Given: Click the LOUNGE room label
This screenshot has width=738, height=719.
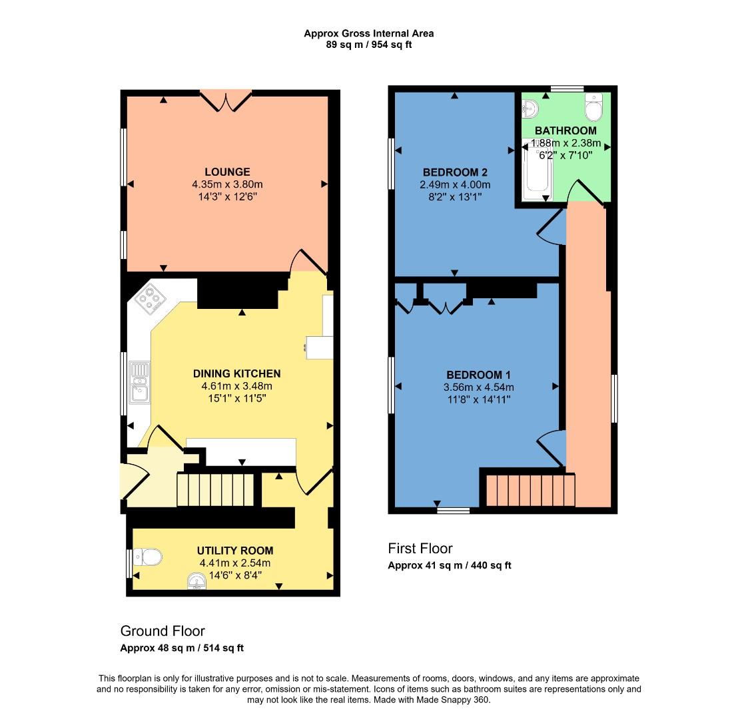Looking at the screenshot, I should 227,172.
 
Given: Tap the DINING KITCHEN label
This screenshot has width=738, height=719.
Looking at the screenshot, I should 236,373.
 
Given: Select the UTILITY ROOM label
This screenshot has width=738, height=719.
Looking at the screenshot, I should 234,551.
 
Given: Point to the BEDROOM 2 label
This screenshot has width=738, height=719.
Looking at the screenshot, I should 455,172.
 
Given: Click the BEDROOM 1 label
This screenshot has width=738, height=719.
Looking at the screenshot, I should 478,374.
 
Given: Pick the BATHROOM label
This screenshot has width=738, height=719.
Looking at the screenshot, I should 565,130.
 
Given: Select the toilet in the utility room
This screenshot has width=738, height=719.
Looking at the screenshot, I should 147,557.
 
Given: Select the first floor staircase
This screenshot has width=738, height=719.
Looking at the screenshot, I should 530,491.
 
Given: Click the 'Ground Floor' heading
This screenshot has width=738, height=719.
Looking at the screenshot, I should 163,630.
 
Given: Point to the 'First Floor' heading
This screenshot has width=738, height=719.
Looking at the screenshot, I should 420,549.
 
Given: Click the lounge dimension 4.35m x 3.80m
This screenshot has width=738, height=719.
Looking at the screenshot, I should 227,184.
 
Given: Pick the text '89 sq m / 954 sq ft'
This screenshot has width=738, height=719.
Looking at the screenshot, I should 368,45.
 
